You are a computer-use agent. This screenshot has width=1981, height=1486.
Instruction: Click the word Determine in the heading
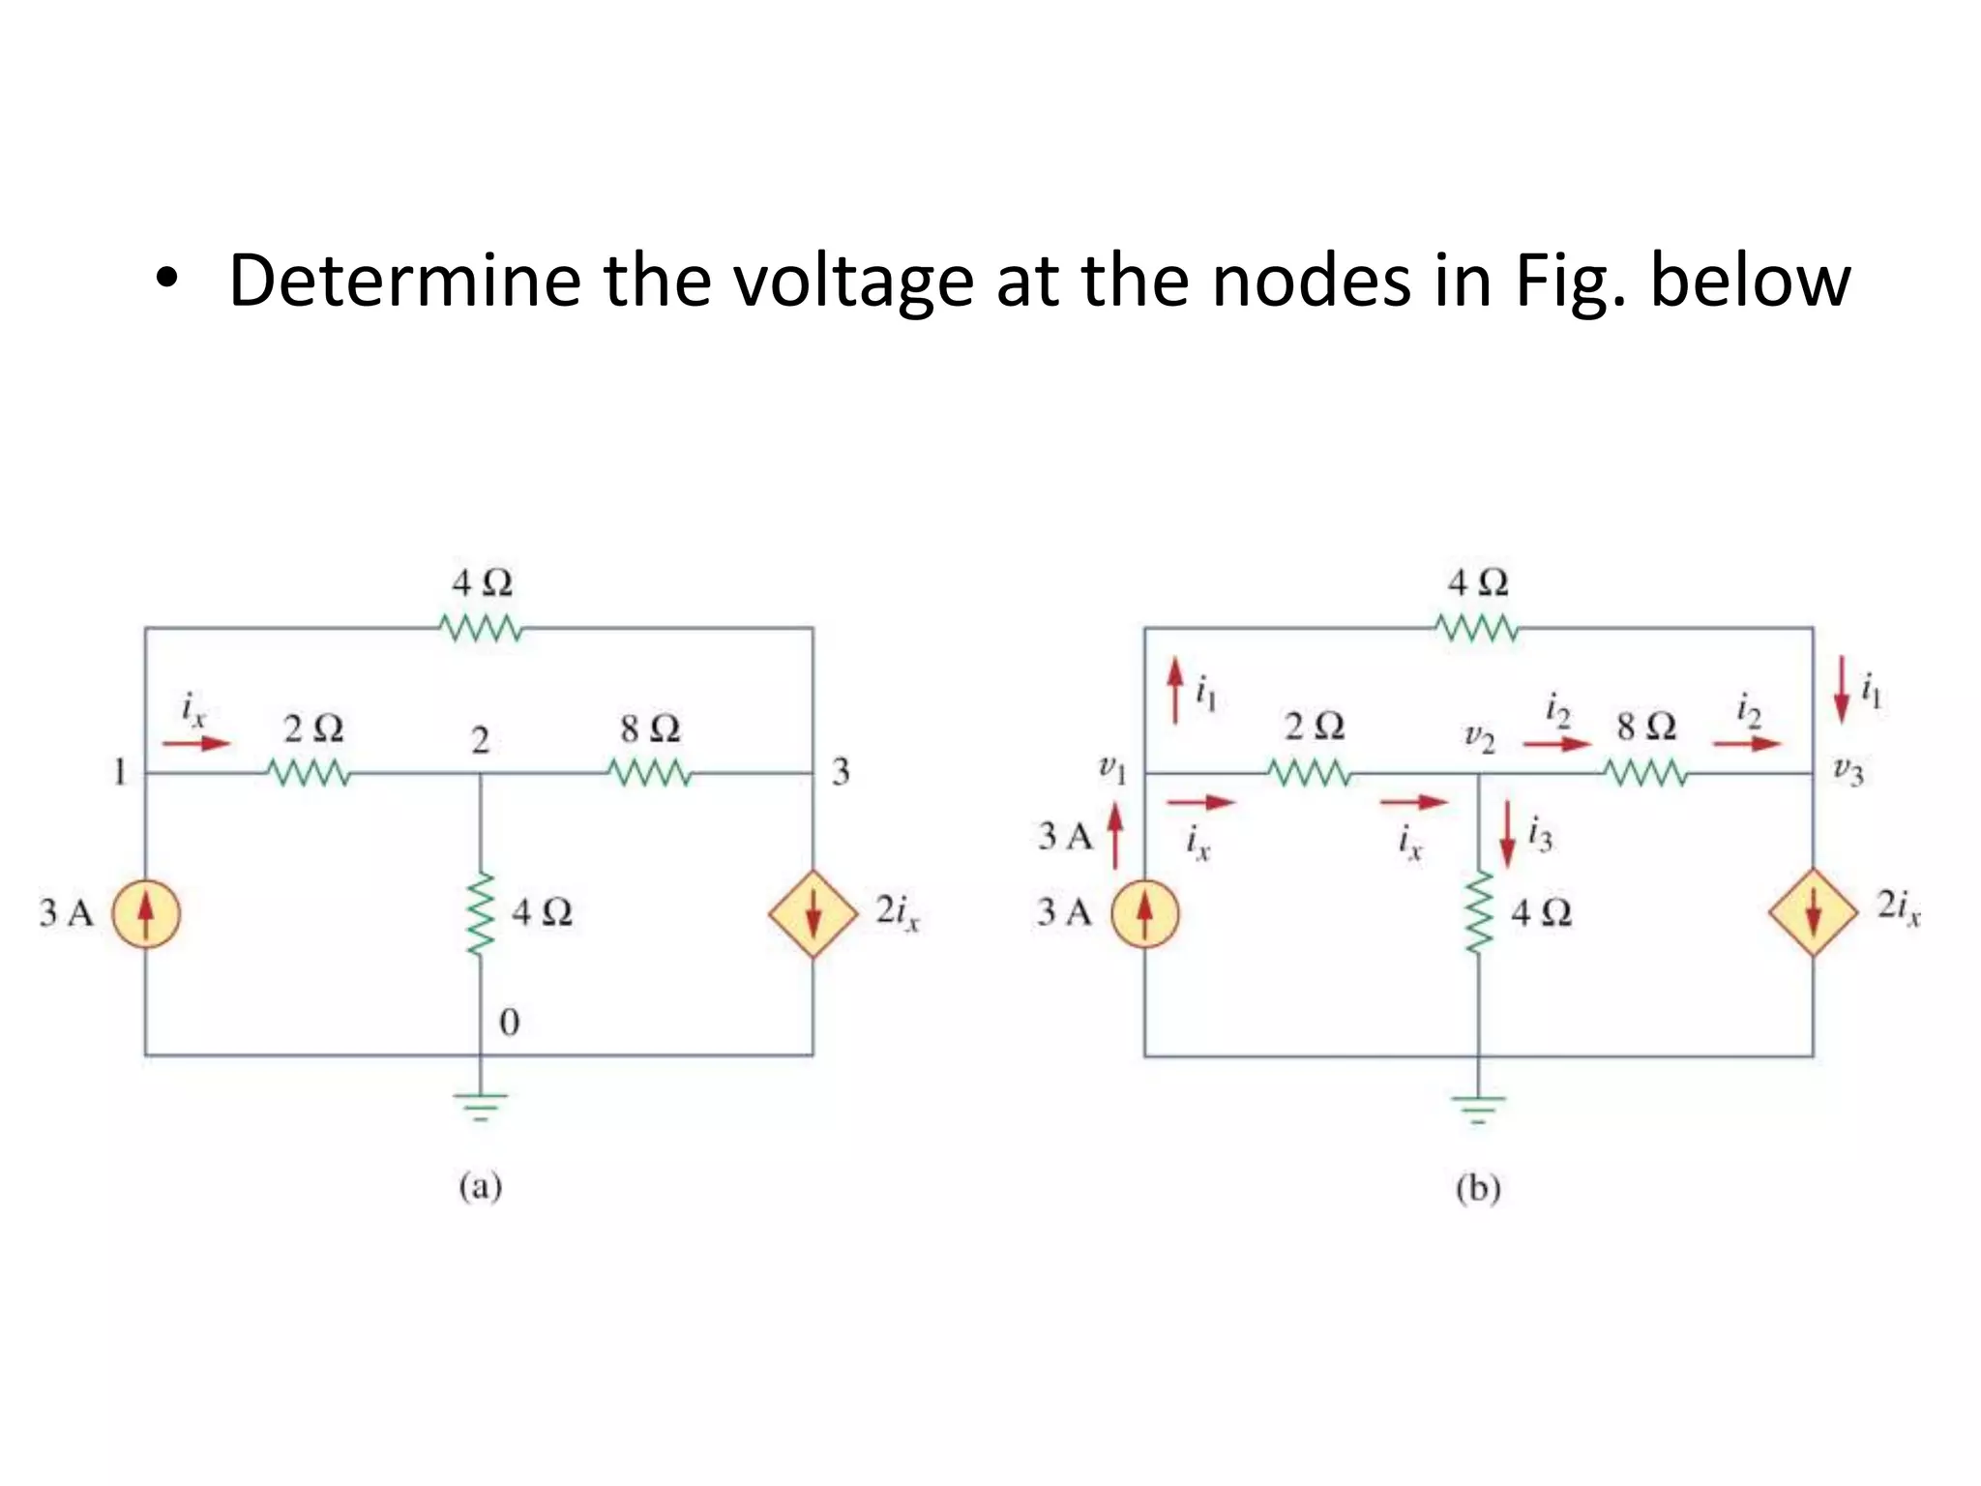(403, 281)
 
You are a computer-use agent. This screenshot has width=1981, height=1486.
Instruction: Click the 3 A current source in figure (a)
(146, 913)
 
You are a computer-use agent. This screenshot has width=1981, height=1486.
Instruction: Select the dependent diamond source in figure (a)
(813, 913)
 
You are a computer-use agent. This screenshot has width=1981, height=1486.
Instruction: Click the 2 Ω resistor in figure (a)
(309, 773)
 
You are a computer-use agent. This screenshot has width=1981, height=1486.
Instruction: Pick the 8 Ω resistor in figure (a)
(650, 773)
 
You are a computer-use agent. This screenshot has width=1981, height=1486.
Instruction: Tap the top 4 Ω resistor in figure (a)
(481, 629)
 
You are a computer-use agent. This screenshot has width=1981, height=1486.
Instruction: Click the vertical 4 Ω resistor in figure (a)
(481, 913)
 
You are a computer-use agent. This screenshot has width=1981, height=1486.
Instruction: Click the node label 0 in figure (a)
(509, 1023)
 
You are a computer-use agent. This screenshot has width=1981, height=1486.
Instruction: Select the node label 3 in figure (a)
(841, 772)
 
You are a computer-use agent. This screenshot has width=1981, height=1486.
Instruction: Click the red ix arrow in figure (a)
(196, 743)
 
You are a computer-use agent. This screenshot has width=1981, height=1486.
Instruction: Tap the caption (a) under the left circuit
(481, 1186)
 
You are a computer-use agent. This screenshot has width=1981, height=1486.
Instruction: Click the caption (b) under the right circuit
(1478, 1188)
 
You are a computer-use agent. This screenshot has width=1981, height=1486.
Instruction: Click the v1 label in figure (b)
(1112, 770)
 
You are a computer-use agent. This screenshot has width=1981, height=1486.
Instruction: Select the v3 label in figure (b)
(1848, 771)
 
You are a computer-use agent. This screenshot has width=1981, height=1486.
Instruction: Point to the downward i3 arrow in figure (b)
(1507, 834)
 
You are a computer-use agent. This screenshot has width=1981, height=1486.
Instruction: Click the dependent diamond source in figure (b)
(1813, 913)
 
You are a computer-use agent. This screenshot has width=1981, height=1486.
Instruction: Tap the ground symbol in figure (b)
(1478, 1109)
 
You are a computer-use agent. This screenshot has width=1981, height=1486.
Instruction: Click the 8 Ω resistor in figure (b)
(1646, 773)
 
